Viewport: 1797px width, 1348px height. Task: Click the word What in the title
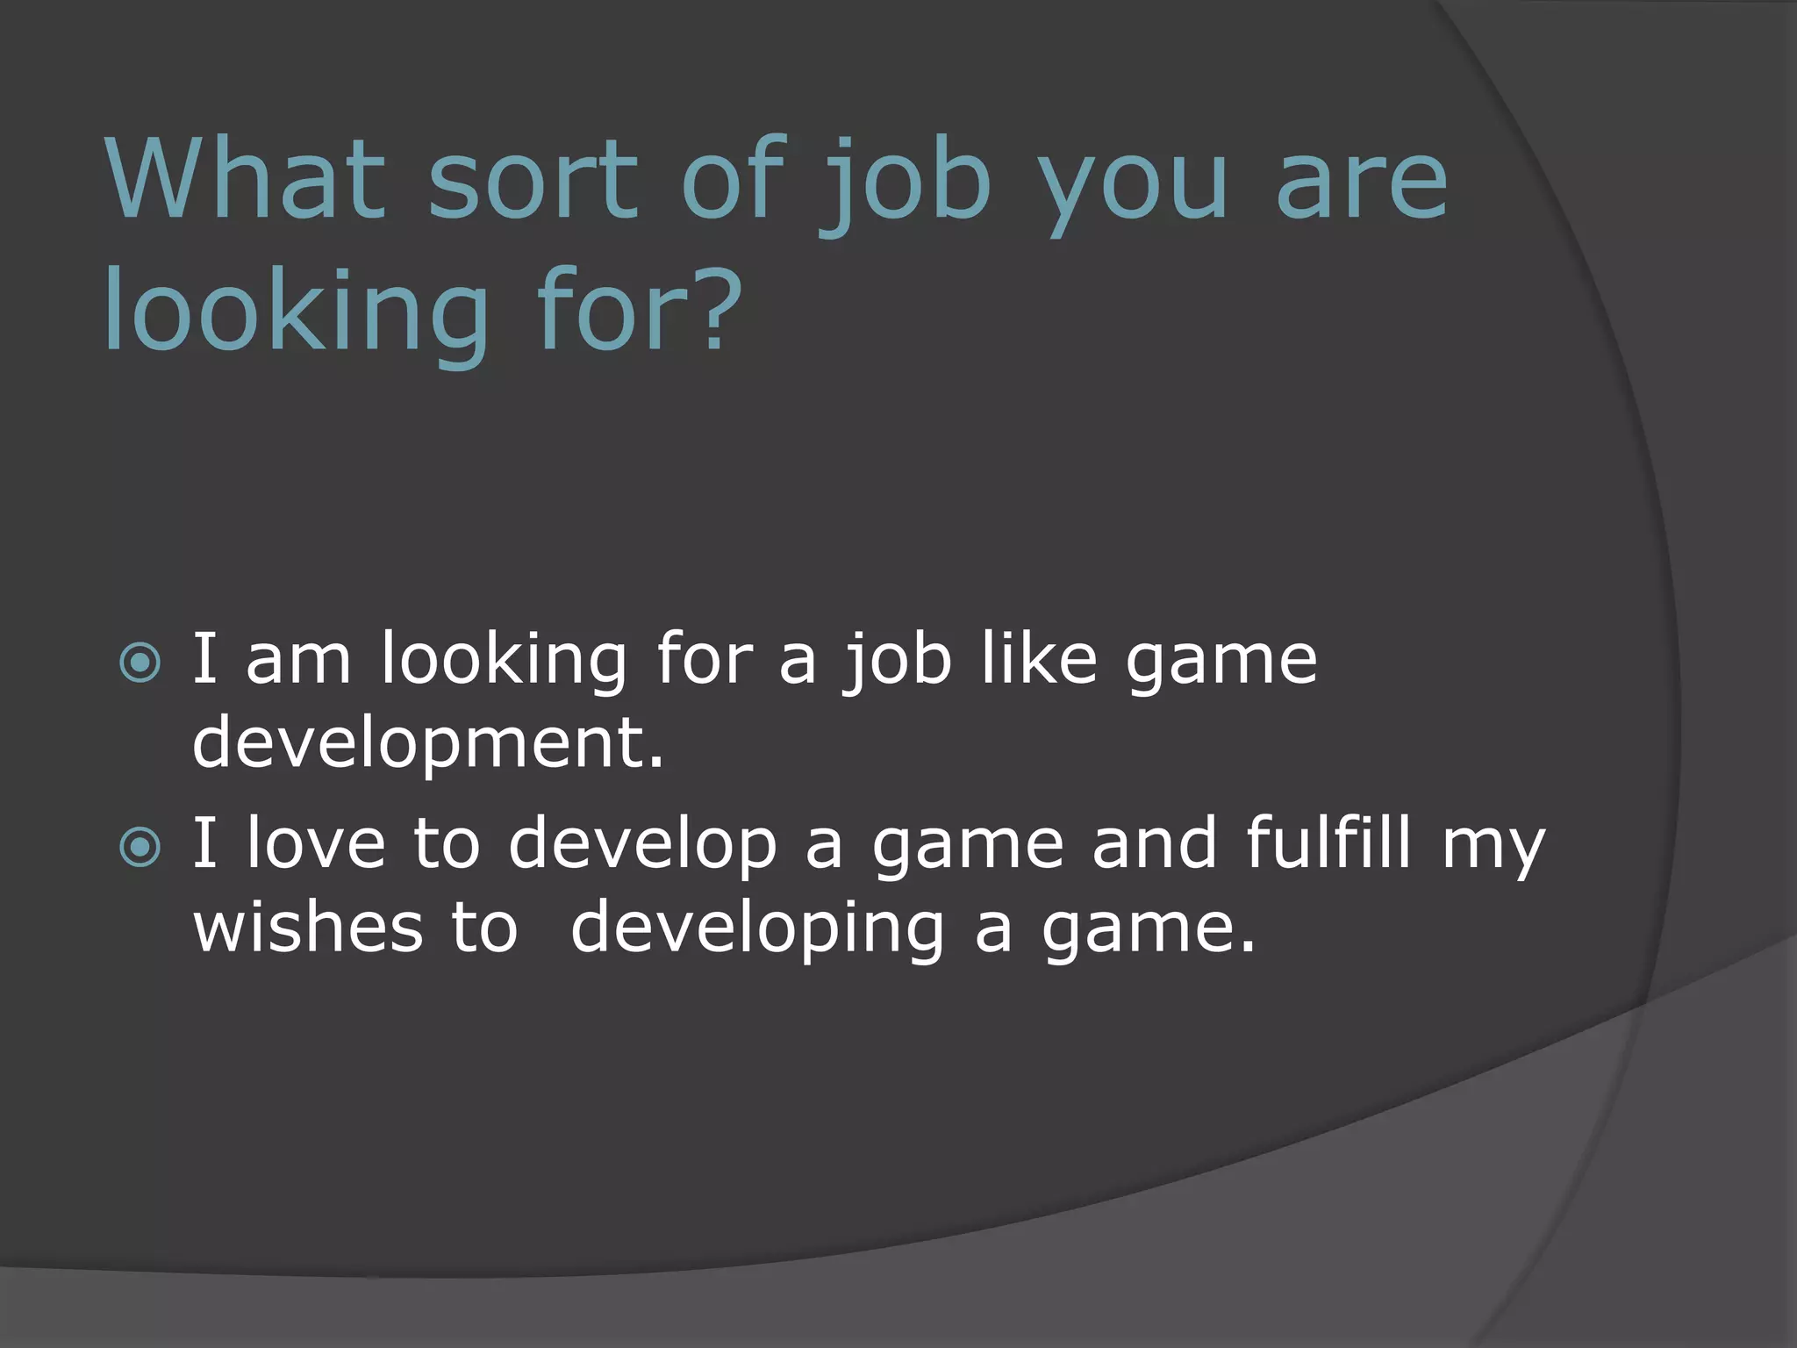(x=246, y=180)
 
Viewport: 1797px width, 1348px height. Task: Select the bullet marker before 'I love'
(x=140, y=847)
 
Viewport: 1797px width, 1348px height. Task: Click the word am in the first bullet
(x=298, y=660)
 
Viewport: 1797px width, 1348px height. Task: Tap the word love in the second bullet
(x=316, y=842)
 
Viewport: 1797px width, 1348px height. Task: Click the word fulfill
(x=1328, y=842)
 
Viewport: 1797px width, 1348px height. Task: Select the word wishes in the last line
(x=308, y=928)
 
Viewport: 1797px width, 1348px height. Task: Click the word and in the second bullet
(x=1155, y=842)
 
